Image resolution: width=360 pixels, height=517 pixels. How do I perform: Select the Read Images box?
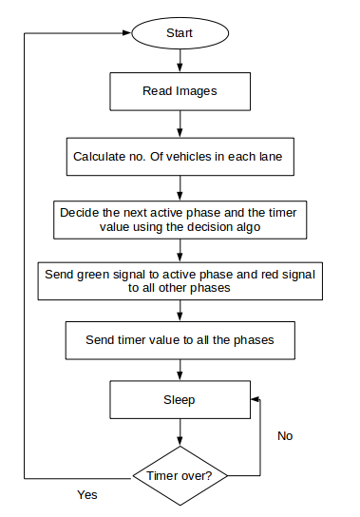click(x=180, y=92)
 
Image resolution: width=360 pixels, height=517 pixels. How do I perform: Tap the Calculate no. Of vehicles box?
click(x=180, y=155)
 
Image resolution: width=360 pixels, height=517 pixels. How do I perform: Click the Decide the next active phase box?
click(x=180, y=219)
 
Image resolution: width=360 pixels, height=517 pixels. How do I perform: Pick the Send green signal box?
click(x=180, y=280)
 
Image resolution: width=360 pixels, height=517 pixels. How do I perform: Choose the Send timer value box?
click(x=180, y=339)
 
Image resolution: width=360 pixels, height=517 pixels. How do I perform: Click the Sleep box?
click(x=180, y=400)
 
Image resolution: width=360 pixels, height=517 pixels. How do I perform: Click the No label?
click(x=285, y=435)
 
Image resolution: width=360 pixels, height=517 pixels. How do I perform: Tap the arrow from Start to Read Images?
click(x=180, y=62)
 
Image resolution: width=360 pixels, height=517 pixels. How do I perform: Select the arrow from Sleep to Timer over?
click(x=180, y=433)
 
